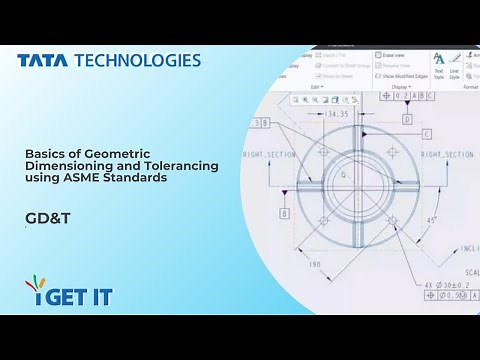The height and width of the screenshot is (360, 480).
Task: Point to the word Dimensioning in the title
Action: (69, 165)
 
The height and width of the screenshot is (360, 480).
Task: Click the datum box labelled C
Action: (263, 123)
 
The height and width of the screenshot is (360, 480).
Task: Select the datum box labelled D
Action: (284, 214)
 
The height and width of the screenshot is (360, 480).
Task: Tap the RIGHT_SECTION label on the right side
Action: (446, 154)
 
